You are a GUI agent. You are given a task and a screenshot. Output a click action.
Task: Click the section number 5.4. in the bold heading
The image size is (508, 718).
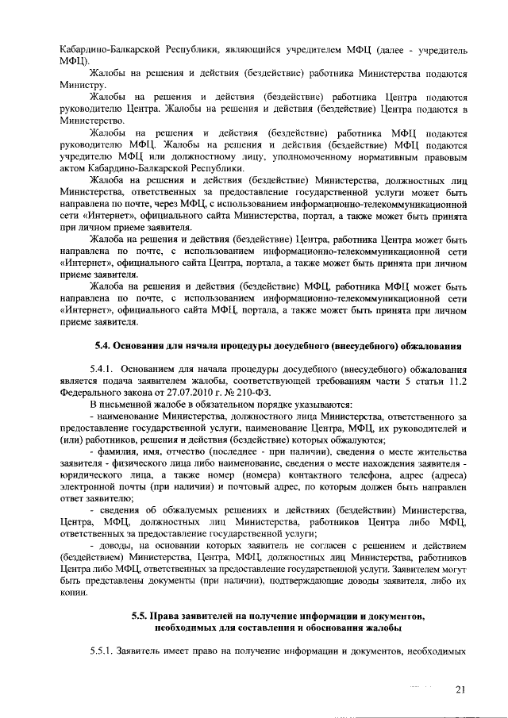(x=105, y=346)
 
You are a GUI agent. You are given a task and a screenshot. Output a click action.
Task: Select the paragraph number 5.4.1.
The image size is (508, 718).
(x=104, y=369)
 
